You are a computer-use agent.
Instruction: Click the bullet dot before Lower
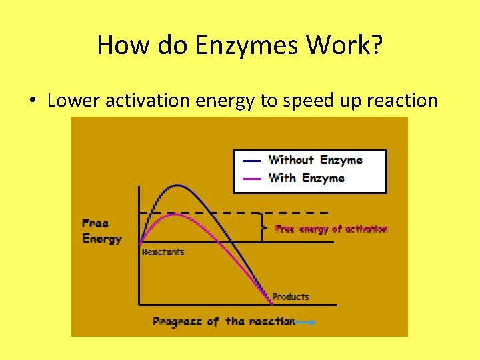coord(32,101)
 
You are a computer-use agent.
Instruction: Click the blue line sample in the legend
coord(253,161)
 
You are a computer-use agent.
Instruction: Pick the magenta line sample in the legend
coord(253,178)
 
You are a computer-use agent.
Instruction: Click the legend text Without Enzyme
coord(315,160)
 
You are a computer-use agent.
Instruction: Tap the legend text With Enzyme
coord(307,178)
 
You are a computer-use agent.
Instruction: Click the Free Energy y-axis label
coord(101,231)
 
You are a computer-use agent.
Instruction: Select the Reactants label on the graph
coord(163,253)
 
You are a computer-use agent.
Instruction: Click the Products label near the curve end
coord(291,297)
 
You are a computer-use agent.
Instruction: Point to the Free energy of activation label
coord(331,229)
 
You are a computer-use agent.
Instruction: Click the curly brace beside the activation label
coord(265,227)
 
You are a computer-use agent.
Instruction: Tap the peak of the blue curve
coord(176,185)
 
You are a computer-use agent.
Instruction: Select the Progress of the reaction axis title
coord(224,321)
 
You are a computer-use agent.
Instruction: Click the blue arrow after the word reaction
coord(305,322)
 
